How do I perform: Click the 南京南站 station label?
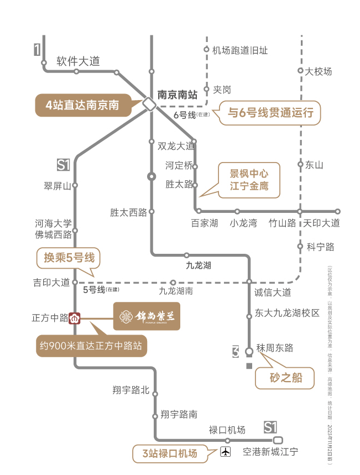(x=178, y=95)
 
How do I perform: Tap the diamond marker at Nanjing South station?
(x=149, y=103)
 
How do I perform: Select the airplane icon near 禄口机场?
(x=225, y=452)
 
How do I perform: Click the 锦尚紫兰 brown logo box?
(x=147, y=317)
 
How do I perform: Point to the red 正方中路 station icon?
(x=75, y=318)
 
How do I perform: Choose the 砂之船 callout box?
(x=284, y=379)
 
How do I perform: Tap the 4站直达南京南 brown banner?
(x=83, y=105)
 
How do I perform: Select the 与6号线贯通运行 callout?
(x=270, y=113)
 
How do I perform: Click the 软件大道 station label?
(x=78, y=61)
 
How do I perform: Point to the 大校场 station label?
(x=319, y=71)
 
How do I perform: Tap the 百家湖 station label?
(x=205, y=223)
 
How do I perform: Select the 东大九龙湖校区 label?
(x=287, y=313)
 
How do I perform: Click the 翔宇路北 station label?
(x=131, y=390)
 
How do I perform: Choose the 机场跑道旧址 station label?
(x=240, y=50)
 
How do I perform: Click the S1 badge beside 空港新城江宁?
(x=270, y=427)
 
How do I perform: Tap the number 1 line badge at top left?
(x=37, y=50)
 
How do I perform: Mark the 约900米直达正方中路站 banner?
(x=91, y=346)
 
